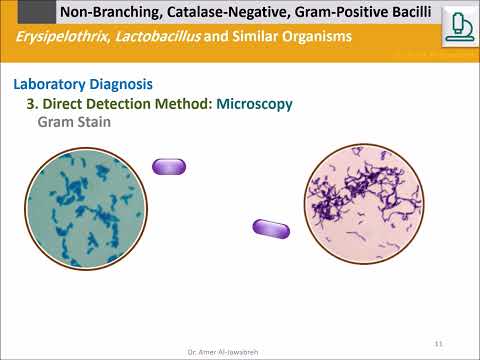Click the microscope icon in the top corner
460,23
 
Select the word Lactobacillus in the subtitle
160,38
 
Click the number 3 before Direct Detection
30,103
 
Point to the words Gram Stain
73,121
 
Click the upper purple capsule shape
168,166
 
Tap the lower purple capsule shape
271,229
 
